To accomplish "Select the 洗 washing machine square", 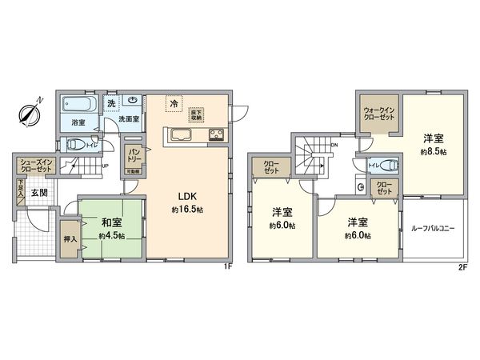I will pyautogui.click(x=111, y=103).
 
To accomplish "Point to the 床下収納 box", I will pyautogui.click(x=195, y=104).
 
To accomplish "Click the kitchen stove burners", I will pyautogui.click(x=216, y=134).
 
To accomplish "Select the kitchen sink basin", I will pyautogui.click(x=178, y=134).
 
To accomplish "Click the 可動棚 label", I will pyautogui.click(x=133, y=170).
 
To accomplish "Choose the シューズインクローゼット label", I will pyautogui.click(x=35, y=166).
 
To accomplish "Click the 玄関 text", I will pyautogui.click(x=39, y=193).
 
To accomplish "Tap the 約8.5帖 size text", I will pyautogui.click(x=434, y=151).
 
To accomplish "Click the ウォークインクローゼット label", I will pyautogui.click(x=380, y=113).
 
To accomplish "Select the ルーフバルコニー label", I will pyautogui.click(x=435, y=228).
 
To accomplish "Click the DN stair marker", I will pyautogui.click(x=334, y=145).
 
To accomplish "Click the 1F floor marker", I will pyautogui.click(x=228, y=265).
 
